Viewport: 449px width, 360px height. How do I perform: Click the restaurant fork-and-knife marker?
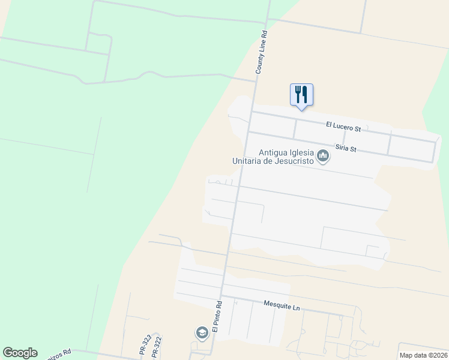[301, 95]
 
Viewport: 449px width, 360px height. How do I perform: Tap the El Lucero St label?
[343, 127]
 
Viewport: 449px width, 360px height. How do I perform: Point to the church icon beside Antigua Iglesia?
[324, 157]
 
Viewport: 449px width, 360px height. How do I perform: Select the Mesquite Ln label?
[281, 305]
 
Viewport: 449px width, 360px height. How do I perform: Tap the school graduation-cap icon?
[202, 332]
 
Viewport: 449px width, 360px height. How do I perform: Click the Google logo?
[20, 353]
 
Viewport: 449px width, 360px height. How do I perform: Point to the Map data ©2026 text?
[423, 355]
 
